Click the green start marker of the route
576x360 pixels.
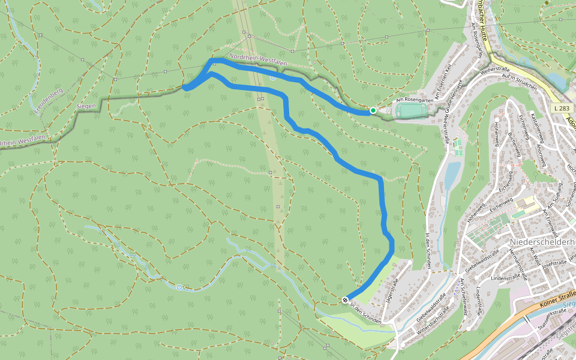[373, 110]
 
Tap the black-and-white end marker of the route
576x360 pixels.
[345, 299]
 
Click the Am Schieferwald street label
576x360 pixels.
[463, 293]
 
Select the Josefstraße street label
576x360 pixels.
[555, 262]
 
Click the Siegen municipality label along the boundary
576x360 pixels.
[86, 106]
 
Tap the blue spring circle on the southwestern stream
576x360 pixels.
[179, 287]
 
